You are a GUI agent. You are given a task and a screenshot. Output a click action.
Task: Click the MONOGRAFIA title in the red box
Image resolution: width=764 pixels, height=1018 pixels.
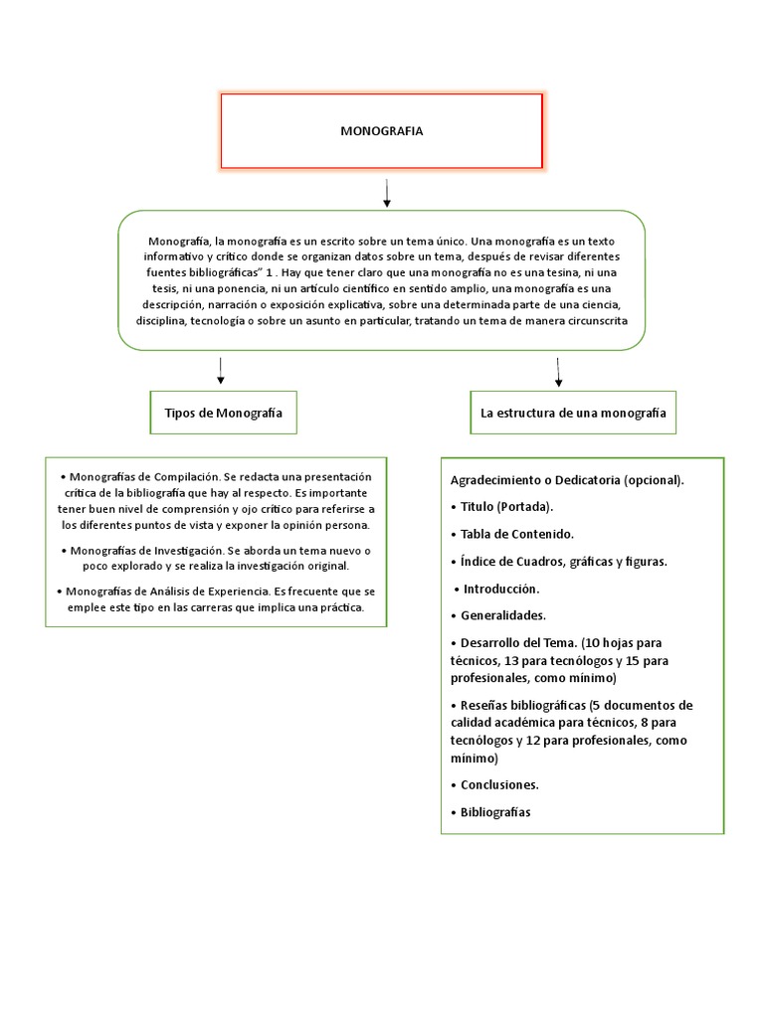click(381, 130)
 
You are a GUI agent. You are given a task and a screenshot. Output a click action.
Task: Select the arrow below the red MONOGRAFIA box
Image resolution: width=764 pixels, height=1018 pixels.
click(386, 193)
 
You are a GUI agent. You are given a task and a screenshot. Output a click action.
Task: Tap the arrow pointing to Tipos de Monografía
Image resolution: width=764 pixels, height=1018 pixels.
click(220, 371)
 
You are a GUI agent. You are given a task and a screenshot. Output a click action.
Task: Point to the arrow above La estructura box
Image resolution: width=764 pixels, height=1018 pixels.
click(558, 372)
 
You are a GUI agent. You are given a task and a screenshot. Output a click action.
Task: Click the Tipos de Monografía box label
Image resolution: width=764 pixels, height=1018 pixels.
click(223, 413)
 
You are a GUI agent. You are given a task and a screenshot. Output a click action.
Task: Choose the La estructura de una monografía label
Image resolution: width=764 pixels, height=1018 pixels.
click(573, 413)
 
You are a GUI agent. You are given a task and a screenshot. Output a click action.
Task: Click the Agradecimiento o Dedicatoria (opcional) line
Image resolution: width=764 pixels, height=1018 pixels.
click(567, 480)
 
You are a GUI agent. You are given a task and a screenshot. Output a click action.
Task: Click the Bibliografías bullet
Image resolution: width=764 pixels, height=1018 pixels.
click(495, 812)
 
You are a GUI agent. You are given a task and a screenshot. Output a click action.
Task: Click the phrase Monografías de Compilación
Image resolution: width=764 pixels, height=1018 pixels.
click(145, 476)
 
